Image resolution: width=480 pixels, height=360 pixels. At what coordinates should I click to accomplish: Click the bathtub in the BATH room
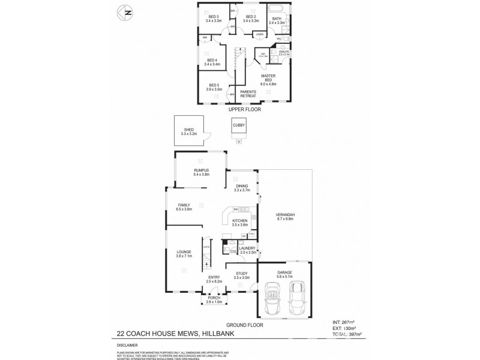coord(277,9)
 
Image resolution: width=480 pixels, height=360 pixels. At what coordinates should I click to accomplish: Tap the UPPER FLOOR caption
coord(244,110)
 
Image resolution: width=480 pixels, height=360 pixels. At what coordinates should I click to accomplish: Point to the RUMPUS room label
coord(201,172)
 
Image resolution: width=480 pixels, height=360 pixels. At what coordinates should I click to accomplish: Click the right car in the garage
coord(296,298)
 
